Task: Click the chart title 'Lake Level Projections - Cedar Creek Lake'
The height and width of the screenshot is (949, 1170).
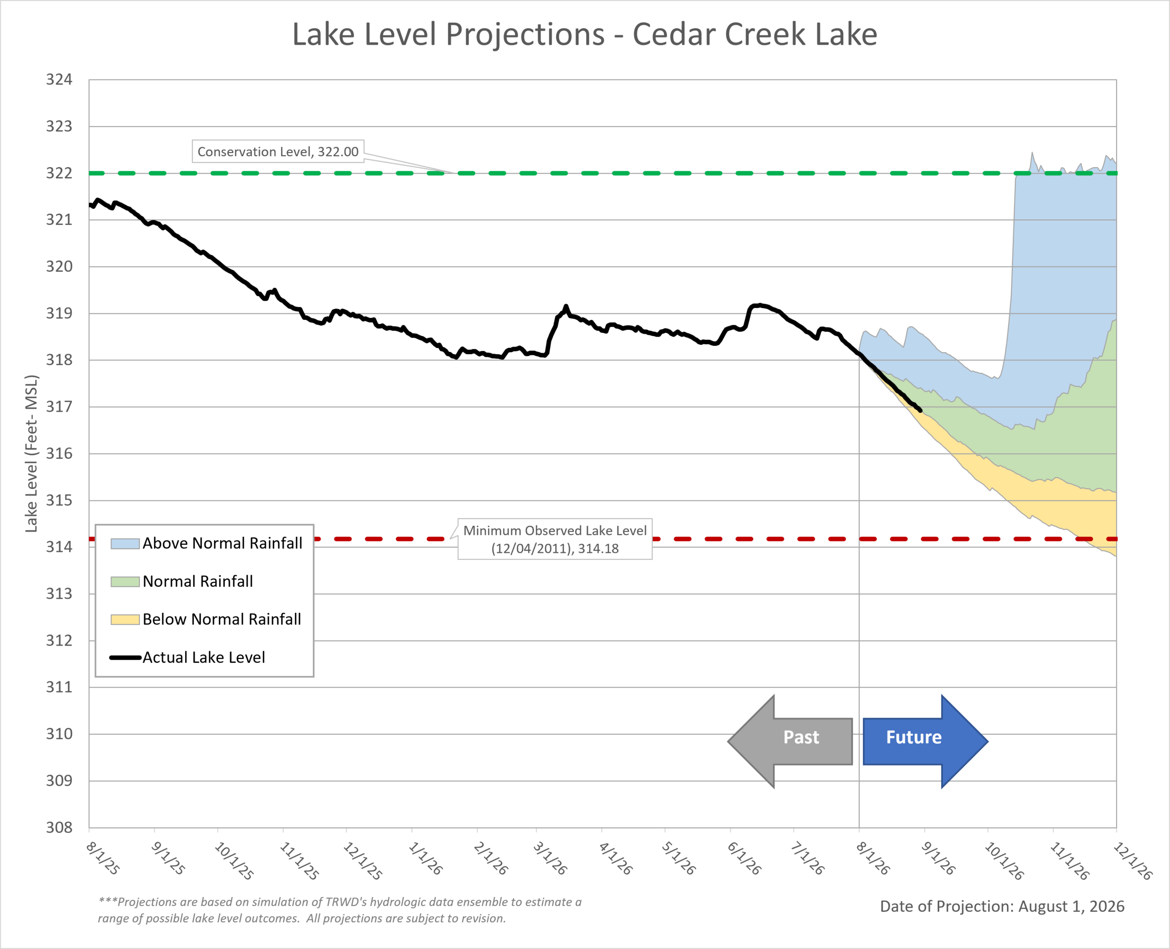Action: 585,34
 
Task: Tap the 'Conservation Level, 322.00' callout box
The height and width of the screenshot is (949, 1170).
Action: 278,151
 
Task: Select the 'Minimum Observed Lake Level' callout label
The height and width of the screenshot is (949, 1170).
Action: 555,539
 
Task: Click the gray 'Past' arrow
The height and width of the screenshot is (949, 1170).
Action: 790,741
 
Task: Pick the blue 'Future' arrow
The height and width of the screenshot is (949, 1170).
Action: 925,741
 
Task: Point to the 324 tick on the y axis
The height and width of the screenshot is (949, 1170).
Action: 59,80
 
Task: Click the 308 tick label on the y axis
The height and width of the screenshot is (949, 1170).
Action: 59,827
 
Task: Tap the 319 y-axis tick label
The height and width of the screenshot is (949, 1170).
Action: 59,313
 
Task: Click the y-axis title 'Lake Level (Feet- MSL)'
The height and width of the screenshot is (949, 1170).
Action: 32,453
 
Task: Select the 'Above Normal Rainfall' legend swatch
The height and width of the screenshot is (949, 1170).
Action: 125,543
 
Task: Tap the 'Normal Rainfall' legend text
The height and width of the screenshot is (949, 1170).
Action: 198,581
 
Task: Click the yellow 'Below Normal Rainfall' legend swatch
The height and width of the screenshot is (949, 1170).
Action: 125,620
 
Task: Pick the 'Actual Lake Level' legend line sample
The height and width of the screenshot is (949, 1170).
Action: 125,657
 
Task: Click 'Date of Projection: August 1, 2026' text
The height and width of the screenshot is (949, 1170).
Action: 1002,907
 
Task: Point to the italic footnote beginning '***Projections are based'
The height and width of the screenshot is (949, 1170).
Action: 340,910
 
